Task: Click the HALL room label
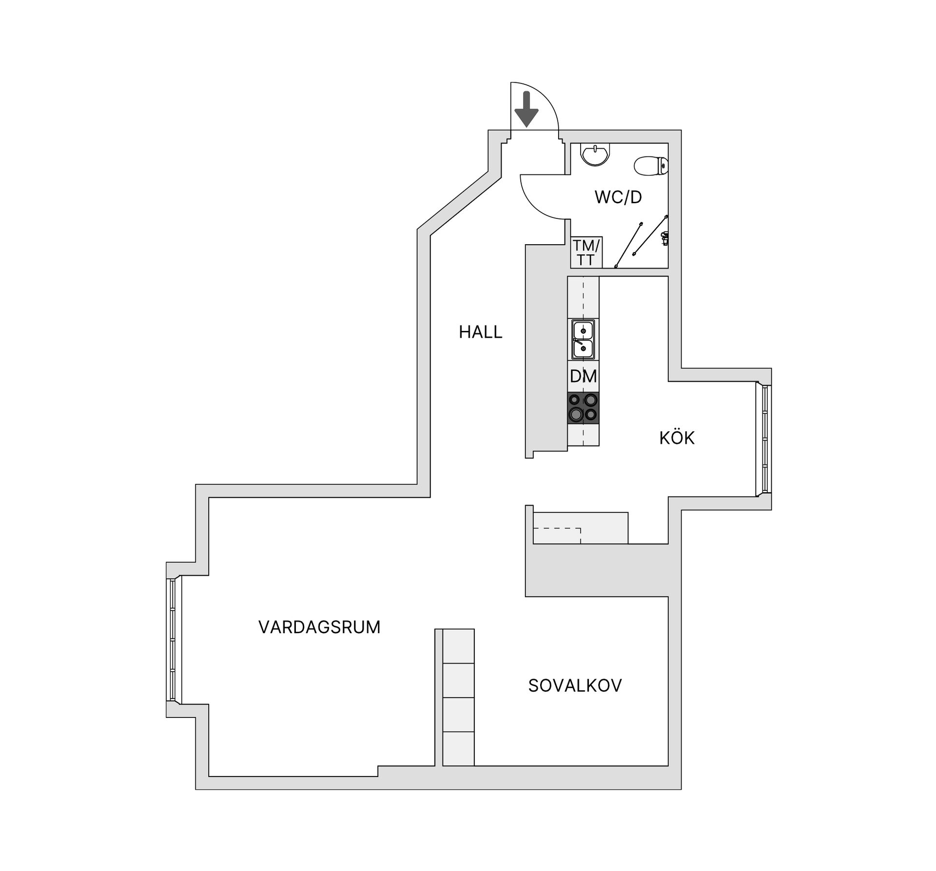click(x=480, y=332)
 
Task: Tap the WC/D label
click(x=618, y=197)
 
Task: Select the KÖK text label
click(x=677, y=438)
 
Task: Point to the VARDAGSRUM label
click(x=319, y=627)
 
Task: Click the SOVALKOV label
click(x=575, y=686)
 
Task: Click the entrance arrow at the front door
click(x=526, y=109)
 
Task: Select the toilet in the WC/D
click(x=651, y=166)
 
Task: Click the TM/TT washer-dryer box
click(x=586, y=252)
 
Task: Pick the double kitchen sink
click(x=583, y=339)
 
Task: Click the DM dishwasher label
click(x=583, y=376)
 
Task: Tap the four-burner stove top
click(x=583, y=407)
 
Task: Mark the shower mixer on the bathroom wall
click(x=664, y=238)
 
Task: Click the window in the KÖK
click(x=764, y=439)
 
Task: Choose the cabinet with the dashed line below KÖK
click(x=580, y=528)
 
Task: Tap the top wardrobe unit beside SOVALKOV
click(x=458, y=646)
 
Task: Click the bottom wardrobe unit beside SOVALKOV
click(x=458, y=749)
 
